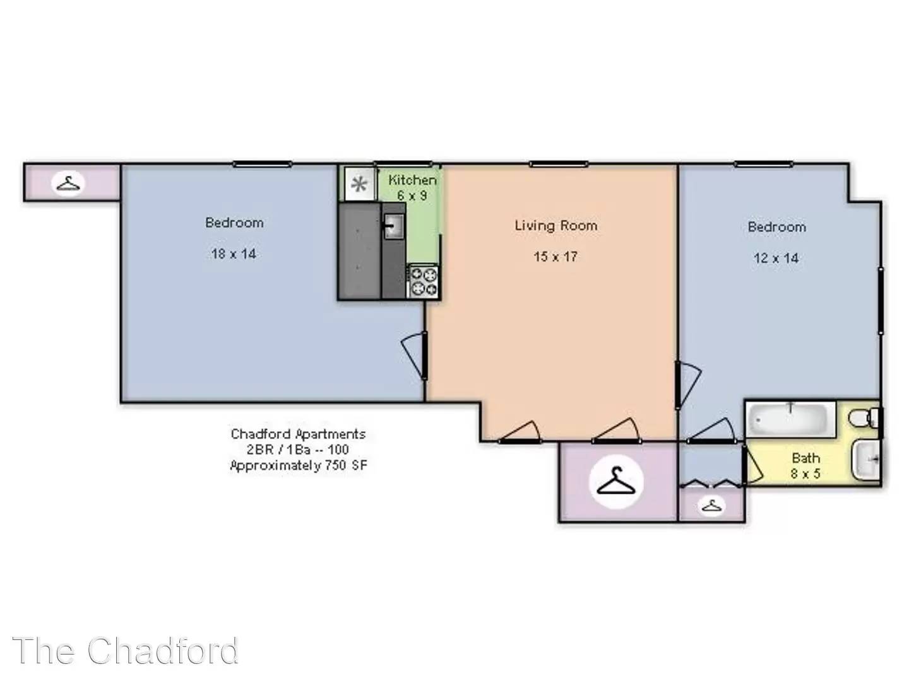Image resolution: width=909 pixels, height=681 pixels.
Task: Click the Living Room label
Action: coord(555,226)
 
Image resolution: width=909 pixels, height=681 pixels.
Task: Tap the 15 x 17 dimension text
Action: coord(555,257)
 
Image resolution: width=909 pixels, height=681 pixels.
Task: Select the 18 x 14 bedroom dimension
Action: coord(234,254)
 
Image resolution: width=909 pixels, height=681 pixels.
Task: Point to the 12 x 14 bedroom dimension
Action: coord(776,259)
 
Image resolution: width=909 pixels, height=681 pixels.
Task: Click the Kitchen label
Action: coord(412,180)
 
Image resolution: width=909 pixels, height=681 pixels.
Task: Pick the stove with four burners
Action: coord(423,281)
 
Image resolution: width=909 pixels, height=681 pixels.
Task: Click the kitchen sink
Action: coord(394,226)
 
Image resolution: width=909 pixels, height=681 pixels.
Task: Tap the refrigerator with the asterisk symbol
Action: coord(359,184)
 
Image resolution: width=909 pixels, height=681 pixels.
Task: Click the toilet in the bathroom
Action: coord(864,417)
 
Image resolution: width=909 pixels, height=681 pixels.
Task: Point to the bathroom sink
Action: coord(866,460)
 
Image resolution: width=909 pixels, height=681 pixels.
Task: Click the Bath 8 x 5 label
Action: coord(805,465)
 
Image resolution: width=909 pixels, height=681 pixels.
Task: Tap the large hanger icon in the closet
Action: coord(616,481)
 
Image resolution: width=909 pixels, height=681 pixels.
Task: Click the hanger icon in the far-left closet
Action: coord(68,183)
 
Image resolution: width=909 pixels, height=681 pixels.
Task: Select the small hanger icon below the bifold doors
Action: coord(711,506)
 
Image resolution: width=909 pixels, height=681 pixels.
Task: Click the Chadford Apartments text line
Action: coord(298,434)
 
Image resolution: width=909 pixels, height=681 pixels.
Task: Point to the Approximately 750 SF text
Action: coord(299,465)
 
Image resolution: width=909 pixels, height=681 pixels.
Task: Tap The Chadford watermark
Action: coord(126,651)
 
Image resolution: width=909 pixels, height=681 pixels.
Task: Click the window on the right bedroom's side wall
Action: coord(881,301)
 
